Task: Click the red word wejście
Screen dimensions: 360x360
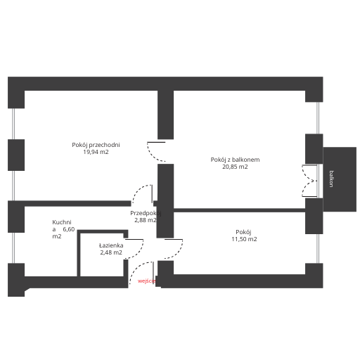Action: (147, 281)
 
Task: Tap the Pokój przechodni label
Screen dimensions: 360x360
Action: (96, 145)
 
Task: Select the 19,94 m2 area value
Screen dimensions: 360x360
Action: (96, 152)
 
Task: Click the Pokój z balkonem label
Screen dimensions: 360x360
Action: (235, 160)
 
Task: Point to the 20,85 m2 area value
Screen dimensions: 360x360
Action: (235, 167)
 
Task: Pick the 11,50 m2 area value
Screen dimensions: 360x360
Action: (244, 239)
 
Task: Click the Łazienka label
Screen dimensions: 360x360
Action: (111, 245)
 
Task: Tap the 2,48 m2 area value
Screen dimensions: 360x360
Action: (111, 252)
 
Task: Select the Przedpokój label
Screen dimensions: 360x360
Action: (146, 213)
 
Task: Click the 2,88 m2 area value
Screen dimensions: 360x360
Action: (146, 220)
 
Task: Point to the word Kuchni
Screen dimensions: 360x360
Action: (62, 222)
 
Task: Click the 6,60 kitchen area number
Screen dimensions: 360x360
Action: (69, 229)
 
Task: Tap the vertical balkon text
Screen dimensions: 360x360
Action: (331, 179)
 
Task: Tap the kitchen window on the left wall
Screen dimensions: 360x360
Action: (13, 247)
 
